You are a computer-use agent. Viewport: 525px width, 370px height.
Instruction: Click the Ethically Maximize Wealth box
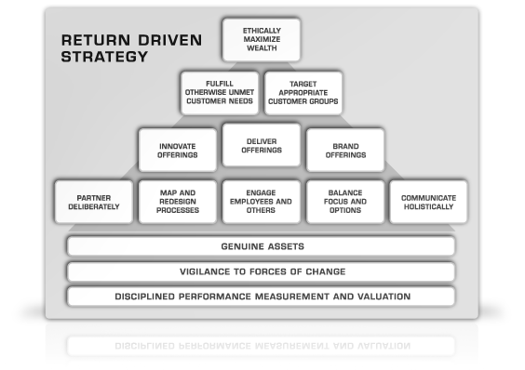(x=262, y=40)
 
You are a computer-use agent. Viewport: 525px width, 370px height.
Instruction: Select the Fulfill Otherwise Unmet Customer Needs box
(x=220, y=93)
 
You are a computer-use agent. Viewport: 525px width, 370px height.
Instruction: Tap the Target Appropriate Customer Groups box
(x=303, y=93)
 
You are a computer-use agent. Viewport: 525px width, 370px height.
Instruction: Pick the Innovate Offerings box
(x=178, y=151)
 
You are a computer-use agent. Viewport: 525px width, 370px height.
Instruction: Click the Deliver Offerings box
(x=262, y=145)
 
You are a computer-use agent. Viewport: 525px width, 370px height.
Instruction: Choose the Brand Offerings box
(x=345, y=151)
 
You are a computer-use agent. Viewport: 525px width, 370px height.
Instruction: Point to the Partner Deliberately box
(x=94, y=202)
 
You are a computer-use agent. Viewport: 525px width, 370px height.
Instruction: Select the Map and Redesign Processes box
(x=178, y=202)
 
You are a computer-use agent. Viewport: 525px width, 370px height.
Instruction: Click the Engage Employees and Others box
(x=262, y=202)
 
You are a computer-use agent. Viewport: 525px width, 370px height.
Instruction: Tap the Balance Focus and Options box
(x=345, y=202)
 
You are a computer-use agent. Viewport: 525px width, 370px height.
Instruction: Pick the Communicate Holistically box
(x=428, y=202)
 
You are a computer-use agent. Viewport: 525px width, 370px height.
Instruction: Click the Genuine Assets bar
(x=262, y=246)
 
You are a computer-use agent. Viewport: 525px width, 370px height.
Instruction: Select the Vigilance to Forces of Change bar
(x=262, y=271)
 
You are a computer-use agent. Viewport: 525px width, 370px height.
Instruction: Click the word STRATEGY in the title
(x=104, y=57)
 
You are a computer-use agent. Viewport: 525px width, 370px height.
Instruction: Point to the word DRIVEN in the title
(x=170, y=40)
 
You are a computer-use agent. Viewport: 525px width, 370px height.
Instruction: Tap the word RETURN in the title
(x=96, y=40)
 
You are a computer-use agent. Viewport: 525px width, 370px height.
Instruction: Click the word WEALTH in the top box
(x=262, y=48)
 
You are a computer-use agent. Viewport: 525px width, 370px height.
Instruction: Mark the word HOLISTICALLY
(x=428, y=206)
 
